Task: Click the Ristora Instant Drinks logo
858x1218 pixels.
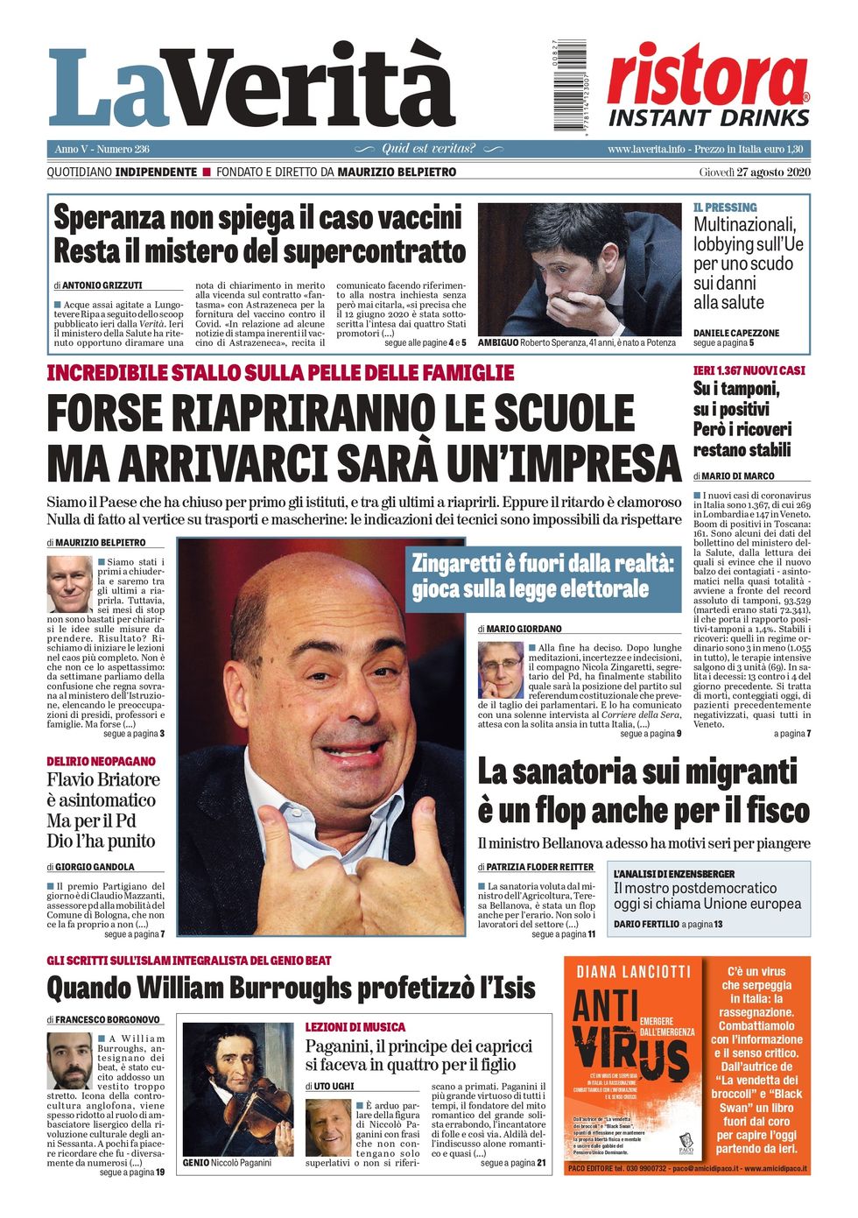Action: coord(707,86)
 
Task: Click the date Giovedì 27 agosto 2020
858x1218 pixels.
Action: coord(755,172)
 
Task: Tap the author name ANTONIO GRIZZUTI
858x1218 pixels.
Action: coord(102,285)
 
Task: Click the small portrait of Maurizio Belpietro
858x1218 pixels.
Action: coord(70,584)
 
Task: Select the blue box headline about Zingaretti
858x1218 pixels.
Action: coord(543,576)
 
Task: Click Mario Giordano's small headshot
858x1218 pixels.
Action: coord(500,670)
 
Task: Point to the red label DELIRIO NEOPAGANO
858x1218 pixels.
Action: coord(101,761)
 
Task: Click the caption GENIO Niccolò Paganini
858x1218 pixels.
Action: coord(227,1163)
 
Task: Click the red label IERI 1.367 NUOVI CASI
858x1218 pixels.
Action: coord(749,370)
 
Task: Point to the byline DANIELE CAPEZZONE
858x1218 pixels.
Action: coord(735,333)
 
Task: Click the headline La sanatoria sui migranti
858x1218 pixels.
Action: coord(636,772)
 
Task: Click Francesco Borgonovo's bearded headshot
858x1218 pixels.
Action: coord(69,1060)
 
